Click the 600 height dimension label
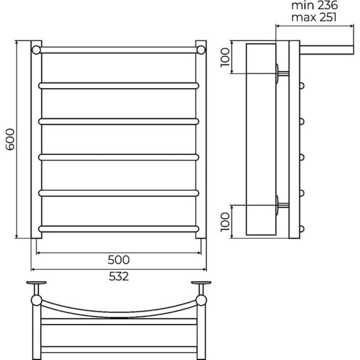click(x=10, y=139)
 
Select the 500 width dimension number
click(x=119, y=260)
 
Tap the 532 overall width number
click(x=119, y=277)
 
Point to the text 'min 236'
click(x=314, y=5)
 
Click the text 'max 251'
click(x=314, y=17)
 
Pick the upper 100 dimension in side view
click(x=225, y=57)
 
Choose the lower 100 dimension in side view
click(x=225, y=222)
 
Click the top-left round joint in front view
click(x=36, y=50)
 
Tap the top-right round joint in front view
click(x=201, y=50)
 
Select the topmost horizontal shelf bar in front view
click(x=119, y=50)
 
